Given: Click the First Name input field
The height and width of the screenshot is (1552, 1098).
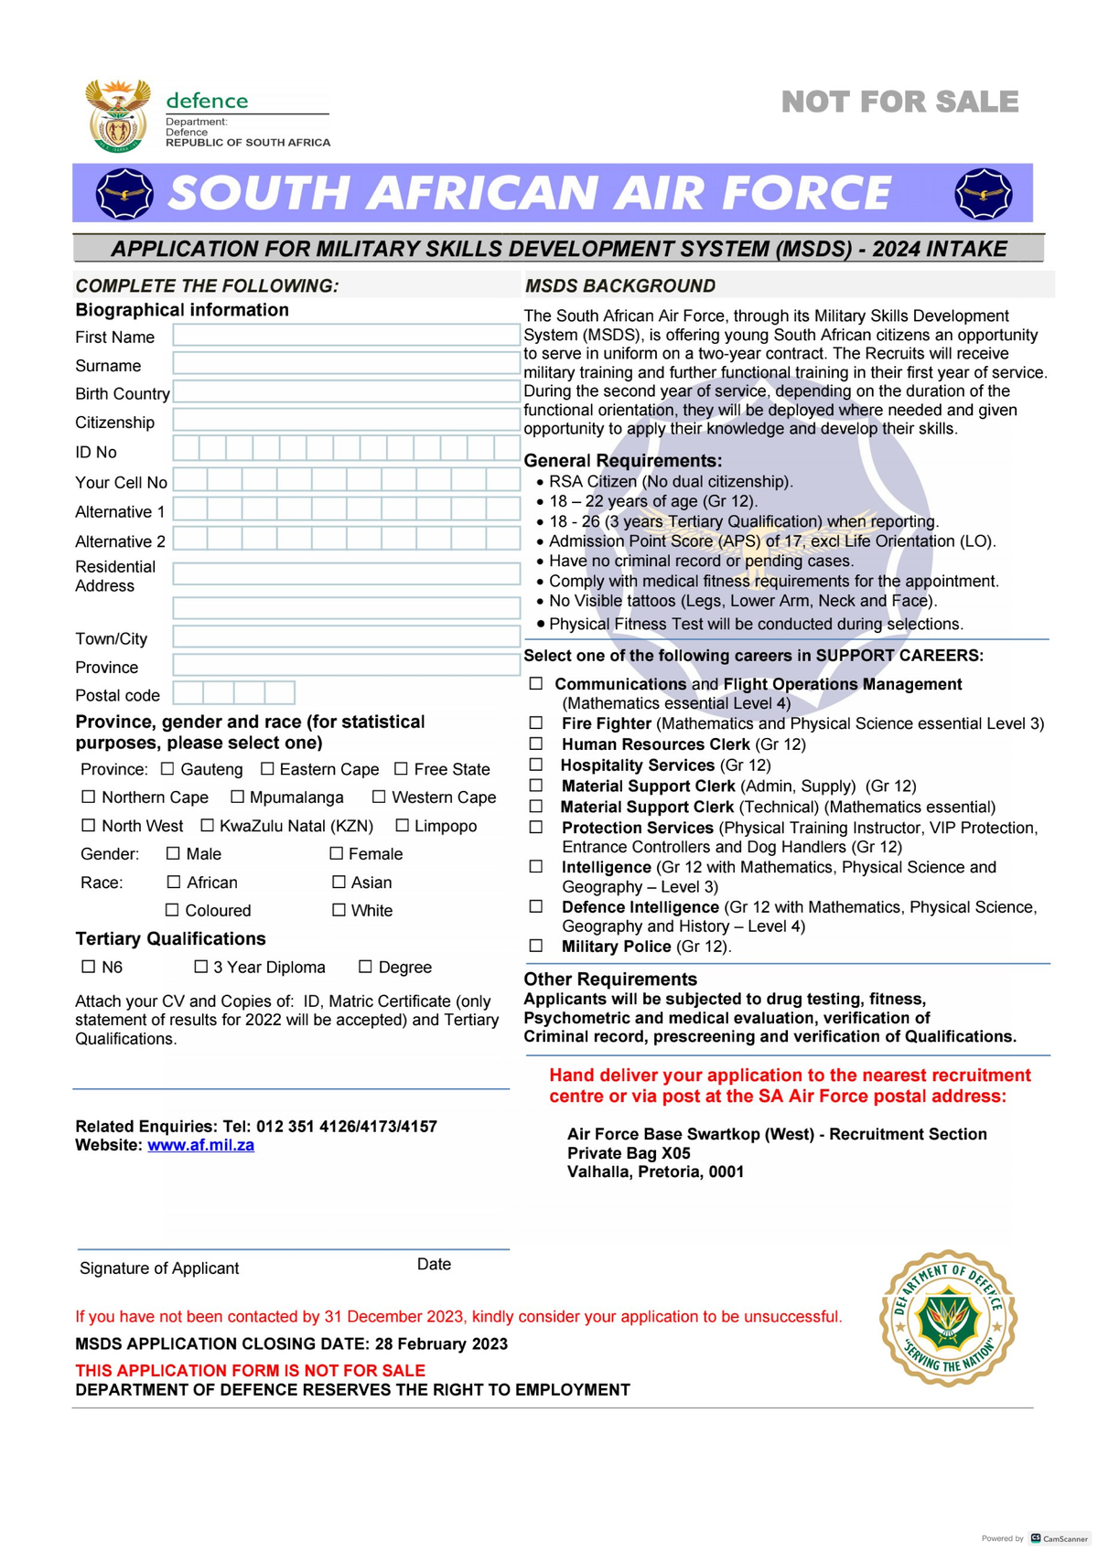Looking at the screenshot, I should coord(346,336).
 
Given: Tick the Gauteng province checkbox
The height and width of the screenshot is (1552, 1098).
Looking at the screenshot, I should coord(167,769).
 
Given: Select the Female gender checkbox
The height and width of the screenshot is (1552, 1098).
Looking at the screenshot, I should coord(336,853).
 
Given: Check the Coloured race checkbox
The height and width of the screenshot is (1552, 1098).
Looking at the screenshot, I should coord(172,910).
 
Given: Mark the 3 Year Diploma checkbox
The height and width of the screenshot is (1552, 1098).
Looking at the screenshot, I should coord(201,967).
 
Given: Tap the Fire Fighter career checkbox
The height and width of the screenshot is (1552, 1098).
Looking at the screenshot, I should coord(536,723).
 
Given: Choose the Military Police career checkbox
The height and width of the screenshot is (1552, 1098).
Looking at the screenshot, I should coord(536,947).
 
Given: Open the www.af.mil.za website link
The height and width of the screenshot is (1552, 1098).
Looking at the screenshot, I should coord(200,1145).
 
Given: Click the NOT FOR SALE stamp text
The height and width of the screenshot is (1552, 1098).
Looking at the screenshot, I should coord(899,102).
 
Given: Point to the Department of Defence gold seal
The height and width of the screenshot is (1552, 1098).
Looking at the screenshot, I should coord(948,1319).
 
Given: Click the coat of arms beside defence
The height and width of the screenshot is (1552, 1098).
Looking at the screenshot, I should coord(117,116).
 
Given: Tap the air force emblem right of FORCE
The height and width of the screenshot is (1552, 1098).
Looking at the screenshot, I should coord(983,193).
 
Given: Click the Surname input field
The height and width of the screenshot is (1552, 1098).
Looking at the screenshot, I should coord(346,364).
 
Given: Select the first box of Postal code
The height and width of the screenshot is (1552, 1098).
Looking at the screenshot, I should coord(188,693).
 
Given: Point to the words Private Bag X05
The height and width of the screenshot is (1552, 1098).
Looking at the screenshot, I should coord(629,1153).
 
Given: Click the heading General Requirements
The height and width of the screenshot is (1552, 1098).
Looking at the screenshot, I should coord(622,461).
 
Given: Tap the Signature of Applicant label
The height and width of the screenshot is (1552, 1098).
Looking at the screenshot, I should coord(159,1268).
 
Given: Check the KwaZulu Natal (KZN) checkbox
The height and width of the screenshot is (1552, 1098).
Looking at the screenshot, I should coord(207,826).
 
